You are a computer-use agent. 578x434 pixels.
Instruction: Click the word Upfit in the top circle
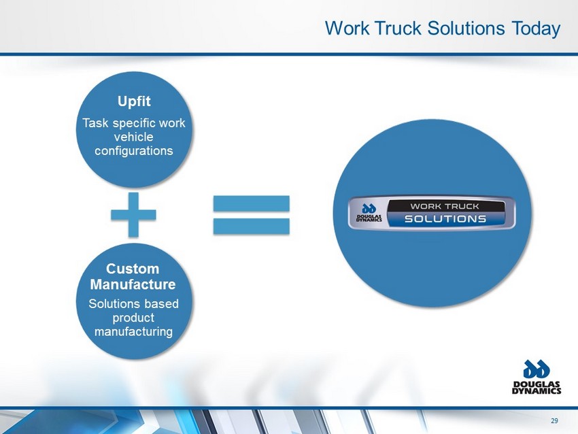[x=134, y=101]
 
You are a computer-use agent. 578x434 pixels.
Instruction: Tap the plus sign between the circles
[x=133, y=214]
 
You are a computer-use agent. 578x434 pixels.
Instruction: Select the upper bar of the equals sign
[x=252, y=203]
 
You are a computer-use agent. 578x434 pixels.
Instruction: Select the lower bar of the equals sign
[x=252, y=226]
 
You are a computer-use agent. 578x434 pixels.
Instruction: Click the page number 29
[x=554, y=420]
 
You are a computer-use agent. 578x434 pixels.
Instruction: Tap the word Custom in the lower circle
[x=133, y=269]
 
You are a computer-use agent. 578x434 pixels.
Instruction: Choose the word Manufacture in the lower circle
[x=133, y=284]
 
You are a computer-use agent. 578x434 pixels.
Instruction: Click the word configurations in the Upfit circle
[x=134, y=151]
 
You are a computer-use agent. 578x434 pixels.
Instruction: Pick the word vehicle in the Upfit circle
[x=133, y=137]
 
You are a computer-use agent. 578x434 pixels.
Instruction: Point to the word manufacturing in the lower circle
[x=133, y=331]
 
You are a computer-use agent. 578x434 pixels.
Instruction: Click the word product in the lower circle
[x=133, y=318]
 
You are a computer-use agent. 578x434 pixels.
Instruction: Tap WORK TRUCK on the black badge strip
[x=445, y=206]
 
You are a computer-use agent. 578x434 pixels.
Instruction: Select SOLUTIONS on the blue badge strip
[x=445, y=219]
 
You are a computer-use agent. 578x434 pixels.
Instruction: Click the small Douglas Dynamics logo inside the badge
[x=369, y=213]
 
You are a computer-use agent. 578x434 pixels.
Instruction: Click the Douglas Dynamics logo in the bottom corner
[x=537, y=377]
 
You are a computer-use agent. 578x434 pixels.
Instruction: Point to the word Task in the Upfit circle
[x=95, y=123]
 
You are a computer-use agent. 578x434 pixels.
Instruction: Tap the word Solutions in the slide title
[x=466, y=28]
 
